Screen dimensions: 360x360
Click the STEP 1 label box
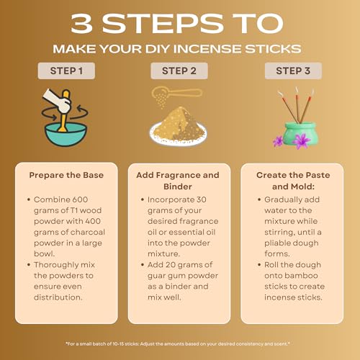[x=66, y=71]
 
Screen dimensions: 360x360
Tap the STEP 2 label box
[x=179, y=71]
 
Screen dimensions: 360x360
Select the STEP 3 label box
[x=293, y=71]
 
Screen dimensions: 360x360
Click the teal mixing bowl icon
[x=66, y=134]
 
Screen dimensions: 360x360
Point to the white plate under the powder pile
[x=178, y=137]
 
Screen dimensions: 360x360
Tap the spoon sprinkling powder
[x=177, y=94]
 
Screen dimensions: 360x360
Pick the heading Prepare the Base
[x=66, y=175]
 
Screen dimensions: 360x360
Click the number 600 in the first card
[x=80, y=199]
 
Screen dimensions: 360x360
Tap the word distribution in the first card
[x=58, y=297]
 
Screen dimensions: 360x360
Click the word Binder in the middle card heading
[x=178, y=186]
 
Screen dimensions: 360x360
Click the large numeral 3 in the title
[x=81, y=23]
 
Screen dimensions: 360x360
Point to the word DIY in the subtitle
[x=158, y=49]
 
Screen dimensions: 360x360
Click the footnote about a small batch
[x=178, y=344]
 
